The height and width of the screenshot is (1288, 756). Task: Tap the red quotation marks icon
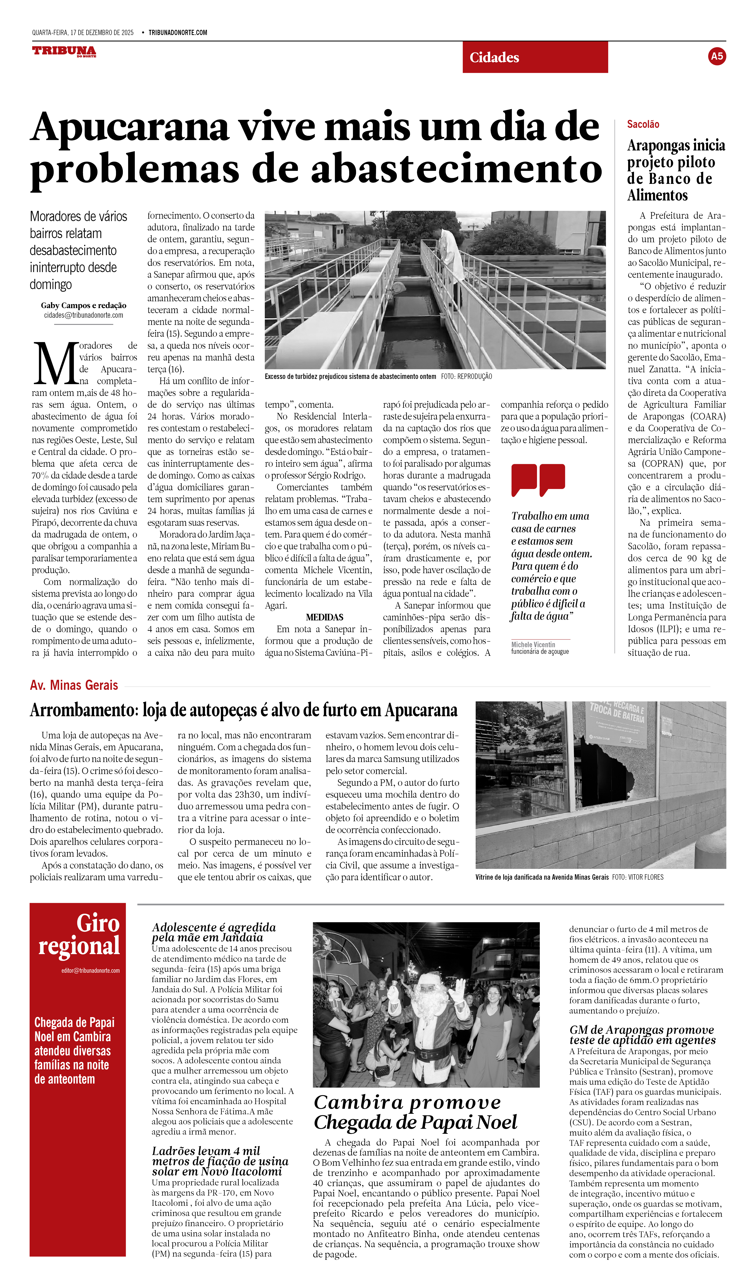538,479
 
